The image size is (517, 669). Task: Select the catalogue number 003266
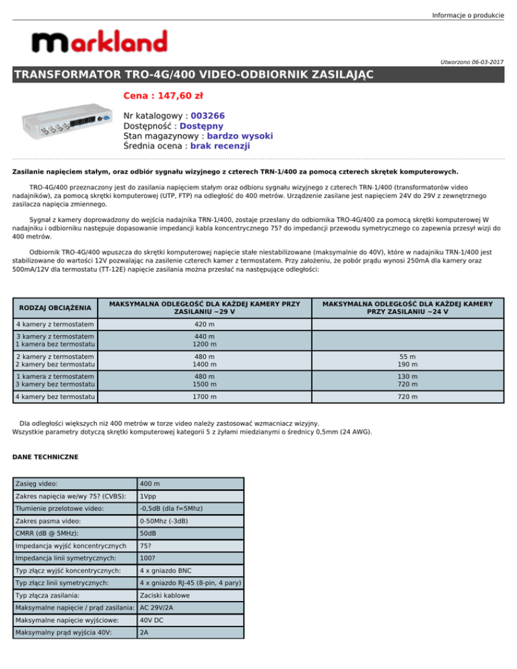(x=212, y=116)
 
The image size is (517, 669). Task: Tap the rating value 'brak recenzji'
(x=220, y=145)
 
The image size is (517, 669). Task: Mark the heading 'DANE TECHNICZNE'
(x=46, y=457)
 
